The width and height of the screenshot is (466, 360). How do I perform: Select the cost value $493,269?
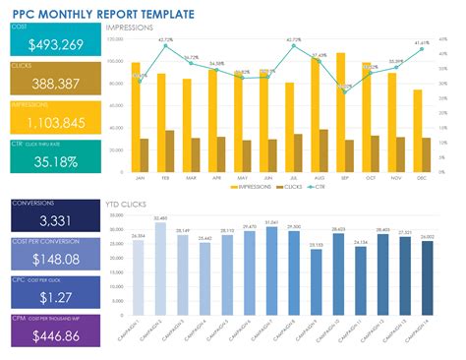(x=54, y=45)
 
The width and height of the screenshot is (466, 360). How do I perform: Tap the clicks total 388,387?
(x=54, y=85)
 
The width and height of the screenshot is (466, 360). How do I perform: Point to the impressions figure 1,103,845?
(x=54, y=122)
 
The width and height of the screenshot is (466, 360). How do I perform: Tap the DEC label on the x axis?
(x=422, y=177)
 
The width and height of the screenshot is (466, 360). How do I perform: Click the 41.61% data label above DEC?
(x=421, y=43)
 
